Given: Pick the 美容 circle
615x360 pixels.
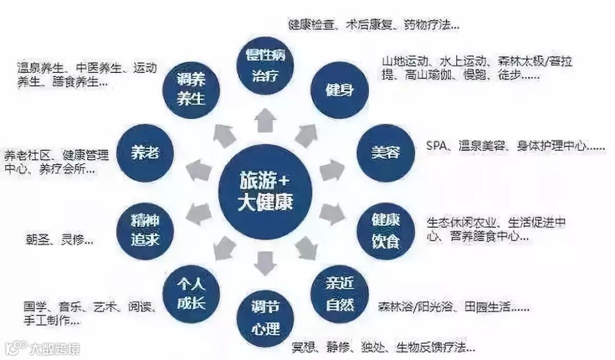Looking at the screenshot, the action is [385, 153].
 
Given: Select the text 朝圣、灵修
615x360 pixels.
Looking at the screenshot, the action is [60, 240].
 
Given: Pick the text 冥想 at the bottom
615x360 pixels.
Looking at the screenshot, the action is [304, 346].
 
